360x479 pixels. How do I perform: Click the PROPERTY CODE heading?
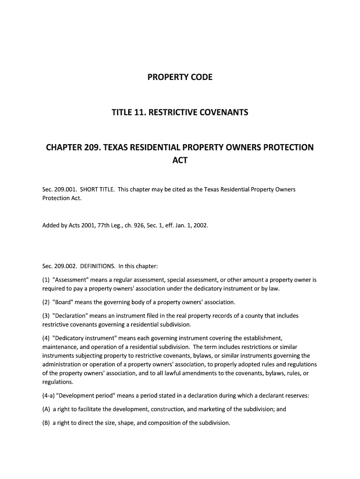point(180,77)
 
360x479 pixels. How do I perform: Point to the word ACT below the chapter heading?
point(180,160)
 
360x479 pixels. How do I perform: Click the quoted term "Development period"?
point(85,396)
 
